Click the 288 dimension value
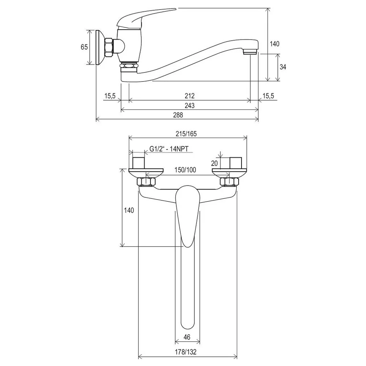(178, 115)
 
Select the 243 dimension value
(189, 105)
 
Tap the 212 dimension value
(190, 96)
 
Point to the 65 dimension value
(84, 47)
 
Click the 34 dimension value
(283, 67)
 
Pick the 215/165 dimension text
(186, 134)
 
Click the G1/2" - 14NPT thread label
(169, 149)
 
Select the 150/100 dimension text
(185, 170)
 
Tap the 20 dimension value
(214, 163)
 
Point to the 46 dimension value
(187, 337)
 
